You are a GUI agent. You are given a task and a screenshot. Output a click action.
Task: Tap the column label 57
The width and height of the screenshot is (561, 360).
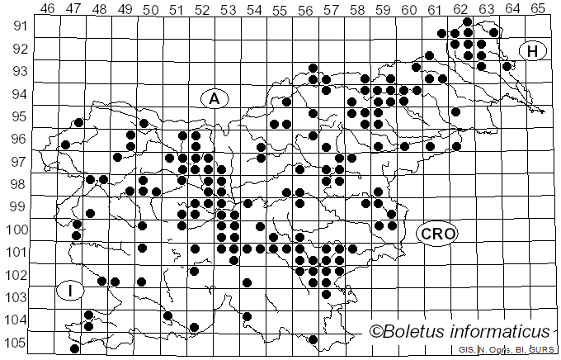coord(331,8)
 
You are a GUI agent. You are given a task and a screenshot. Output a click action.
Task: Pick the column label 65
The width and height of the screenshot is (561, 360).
coord(537,8)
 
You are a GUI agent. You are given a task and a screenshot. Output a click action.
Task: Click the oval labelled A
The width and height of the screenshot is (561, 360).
coord(214,98)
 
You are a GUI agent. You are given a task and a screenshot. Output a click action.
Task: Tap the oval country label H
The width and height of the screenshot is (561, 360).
coord(533,51)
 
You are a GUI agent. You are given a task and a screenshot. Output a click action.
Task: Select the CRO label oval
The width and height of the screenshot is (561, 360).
coord(436,234)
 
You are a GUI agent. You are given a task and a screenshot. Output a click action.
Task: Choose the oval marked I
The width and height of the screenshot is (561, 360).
coord(71,291)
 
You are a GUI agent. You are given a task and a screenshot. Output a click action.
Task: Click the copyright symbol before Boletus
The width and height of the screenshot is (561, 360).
coord(377,332)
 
